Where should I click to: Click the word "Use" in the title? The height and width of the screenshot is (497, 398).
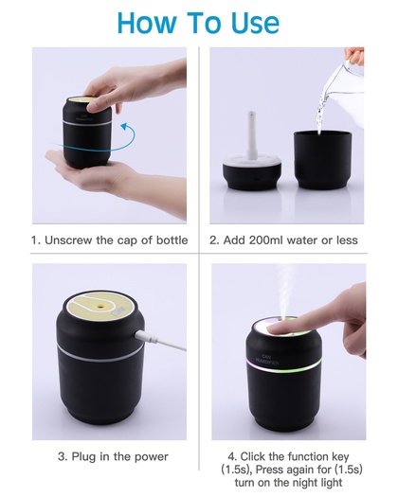255,23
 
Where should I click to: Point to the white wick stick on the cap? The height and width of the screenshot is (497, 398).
252,135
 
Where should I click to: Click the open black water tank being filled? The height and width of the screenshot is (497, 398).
323,160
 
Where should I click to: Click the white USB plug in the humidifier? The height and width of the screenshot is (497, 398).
147,337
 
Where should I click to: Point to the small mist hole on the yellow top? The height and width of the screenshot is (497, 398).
100,306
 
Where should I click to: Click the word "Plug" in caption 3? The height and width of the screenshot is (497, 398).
83,456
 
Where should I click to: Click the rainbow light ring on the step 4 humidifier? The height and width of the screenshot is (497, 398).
283,366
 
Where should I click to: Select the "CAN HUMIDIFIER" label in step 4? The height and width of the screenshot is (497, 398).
267,360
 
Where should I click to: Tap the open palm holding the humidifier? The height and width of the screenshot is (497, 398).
85,172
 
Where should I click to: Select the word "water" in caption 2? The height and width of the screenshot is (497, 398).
303,240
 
